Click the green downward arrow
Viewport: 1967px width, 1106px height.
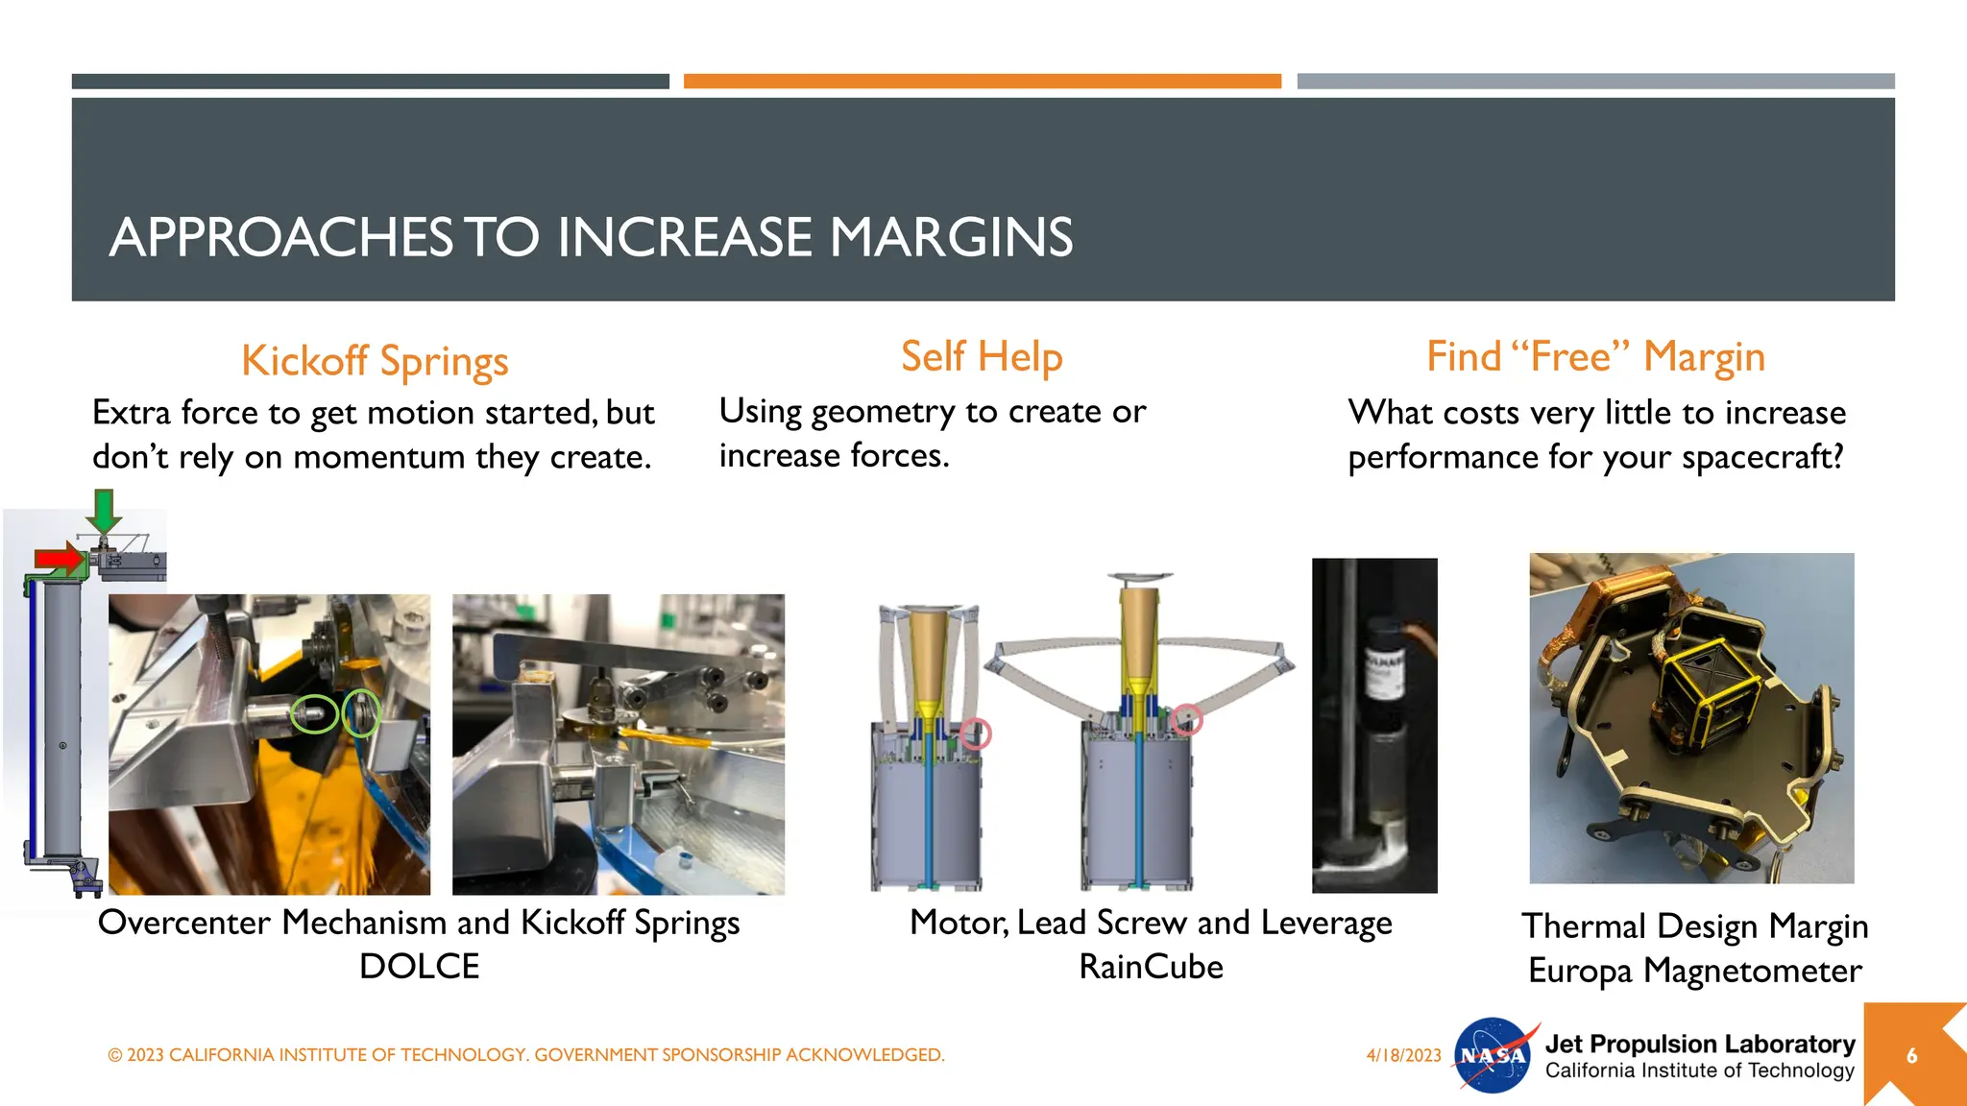[x=104, y=510]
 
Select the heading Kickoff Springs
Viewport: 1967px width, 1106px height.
[x=375, y=361]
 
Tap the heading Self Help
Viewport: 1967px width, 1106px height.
[x=982, y=357]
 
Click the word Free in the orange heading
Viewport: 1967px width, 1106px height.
[x=1570, y=357]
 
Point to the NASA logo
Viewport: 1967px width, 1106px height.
[x=1493, y=1055]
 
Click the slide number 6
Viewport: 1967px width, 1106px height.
[x=1911, y=1056]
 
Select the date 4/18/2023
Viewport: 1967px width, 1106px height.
[x=1403, y=1055]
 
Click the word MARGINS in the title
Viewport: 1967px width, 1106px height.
[x=951, y=237]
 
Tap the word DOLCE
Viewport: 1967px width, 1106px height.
[x=419, y=966]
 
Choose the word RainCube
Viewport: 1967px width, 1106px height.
[x=1151, y=967]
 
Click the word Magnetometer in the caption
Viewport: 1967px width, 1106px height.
[x=1752, y=971]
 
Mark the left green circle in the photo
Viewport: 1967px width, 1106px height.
[x=314, y=713]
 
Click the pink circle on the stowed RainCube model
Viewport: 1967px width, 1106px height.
[x=976, y=733]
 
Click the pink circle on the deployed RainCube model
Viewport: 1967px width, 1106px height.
[x=1187, y=718]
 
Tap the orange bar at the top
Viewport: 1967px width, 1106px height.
[x=982, y=82]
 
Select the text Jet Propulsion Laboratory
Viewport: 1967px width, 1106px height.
[x=1699, y=1044]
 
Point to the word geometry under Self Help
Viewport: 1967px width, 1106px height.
[x=883, y=412]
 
